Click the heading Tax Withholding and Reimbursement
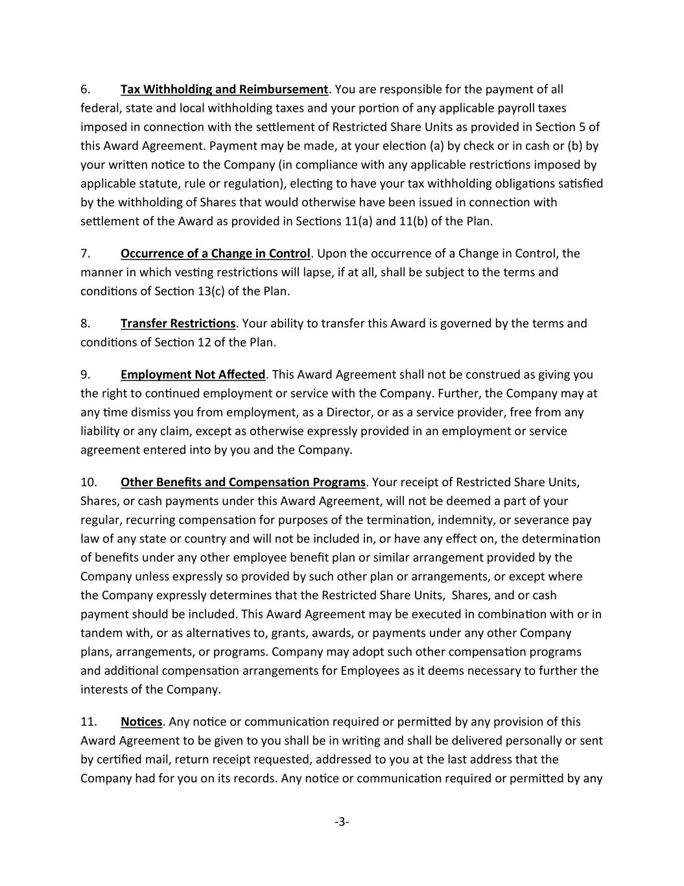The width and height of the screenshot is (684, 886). (224, 90)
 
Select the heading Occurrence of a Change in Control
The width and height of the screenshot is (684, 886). (215, 254)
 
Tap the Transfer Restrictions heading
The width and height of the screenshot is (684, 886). (178, 324)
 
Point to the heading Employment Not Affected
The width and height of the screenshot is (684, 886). (193, 375)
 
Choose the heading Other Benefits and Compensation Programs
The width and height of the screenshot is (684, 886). (243, 483)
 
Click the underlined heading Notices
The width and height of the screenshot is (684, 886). (141, 722)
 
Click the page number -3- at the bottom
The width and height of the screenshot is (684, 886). (342, 822)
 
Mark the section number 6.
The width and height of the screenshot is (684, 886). (85, 90)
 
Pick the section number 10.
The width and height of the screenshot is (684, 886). (89, 483)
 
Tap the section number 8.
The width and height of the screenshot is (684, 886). (85, 324)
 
